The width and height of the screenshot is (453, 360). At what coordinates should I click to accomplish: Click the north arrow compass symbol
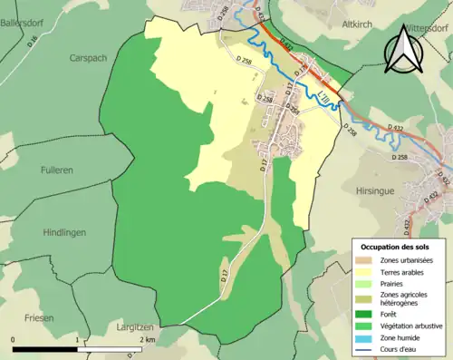401,50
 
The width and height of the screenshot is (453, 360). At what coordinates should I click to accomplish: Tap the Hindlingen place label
63,232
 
